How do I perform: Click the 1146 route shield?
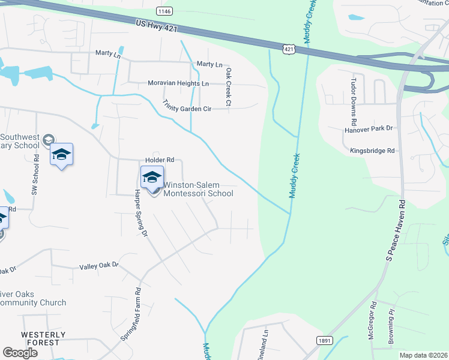click(x=163, y=11)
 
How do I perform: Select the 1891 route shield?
click(x=324, y=340)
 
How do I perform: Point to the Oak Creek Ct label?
click(x=228, y=87)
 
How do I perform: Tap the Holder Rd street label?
click(x=159, y=160)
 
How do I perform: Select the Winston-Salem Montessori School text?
click(x=198, y=189)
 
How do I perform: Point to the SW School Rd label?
click(x=35, y=174)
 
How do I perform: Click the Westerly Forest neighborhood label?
click(x=41, y=338)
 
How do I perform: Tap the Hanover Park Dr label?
click(x=368, y=128)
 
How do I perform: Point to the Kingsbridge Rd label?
click(x=374, y=151)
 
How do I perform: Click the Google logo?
click(x=20, y=353)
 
